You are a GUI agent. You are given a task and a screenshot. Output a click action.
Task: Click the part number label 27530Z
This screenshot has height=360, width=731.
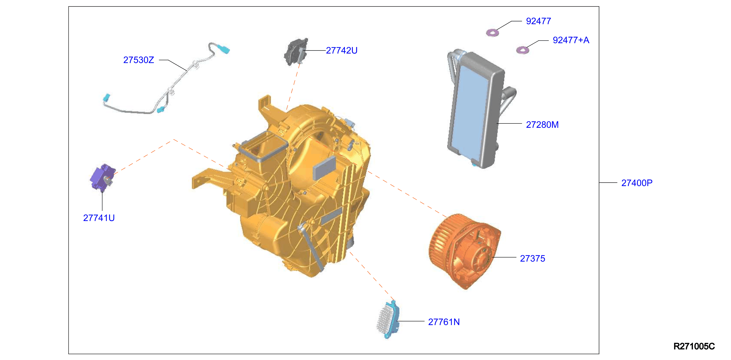[138, 60]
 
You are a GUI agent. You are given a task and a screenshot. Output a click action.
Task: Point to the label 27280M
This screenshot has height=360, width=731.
[542, 125]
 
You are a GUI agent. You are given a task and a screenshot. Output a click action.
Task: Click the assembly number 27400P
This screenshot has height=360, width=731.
[636, 183]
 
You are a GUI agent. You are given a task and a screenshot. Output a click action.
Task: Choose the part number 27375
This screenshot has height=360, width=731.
[532, 258]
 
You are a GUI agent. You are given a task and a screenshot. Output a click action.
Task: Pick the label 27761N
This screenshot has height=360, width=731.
[444, 322]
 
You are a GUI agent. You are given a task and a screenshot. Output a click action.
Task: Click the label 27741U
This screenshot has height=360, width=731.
[99, 218]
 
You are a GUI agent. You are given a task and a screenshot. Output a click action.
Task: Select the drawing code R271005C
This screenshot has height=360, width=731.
[694, 346]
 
